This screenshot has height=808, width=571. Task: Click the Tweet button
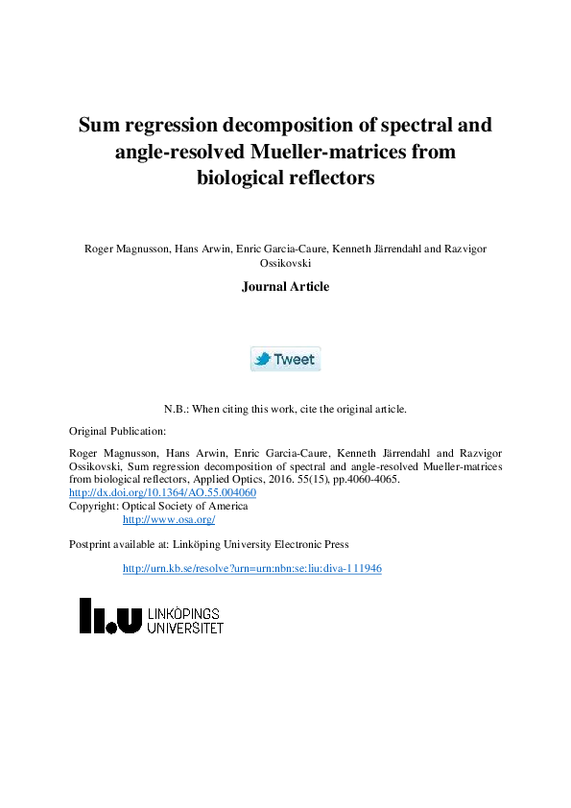(285, 359)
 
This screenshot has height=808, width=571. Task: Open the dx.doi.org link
(162, 492)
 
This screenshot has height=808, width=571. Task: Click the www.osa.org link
(169, 519)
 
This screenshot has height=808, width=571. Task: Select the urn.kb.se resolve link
(252, 568)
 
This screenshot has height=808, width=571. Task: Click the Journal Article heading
(285, 286)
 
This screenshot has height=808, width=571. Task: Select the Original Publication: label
(118, 431)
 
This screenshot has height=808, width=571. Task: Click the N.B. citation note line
(285, 408)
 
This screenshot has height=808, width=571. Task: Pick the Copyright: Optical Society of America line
(158, 506)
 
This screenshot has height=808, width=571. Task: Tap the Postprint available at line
(208, 544)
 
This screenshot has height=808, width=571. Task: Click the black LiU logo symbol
(110, 616)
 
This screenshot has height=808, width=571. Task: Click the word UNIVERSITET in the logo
(185, 628)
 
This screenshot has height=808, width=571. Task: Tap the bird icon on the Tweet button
(262, 359)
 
